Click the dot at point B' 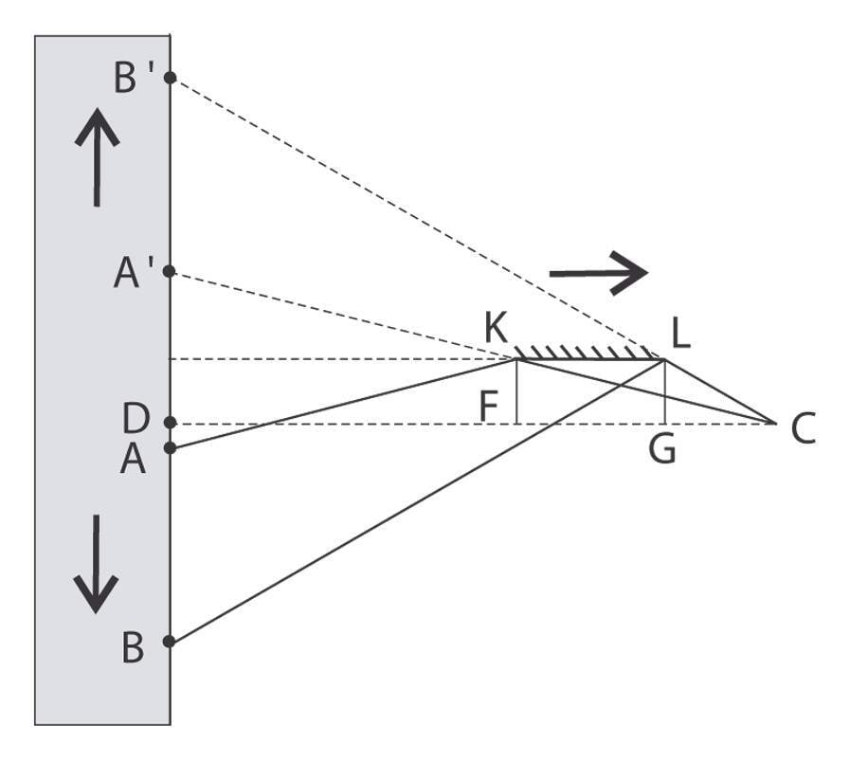point(170,78)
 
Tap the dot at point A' point(170,271)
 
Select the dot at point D point(170,423)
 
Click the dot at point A point(170,447)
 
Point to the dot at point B point(170,641)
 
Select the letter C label point(803,430)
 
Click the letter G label point(662,450)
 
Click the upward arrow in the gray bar point(97,156)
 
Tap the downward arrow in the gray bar point(97,564)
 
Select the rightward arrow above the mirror point(598,272)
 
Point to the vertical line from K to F point(516,390)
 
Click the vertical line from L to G point(665,390)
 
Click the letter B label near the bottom point(133,649)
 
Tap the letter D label point(136,418)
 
